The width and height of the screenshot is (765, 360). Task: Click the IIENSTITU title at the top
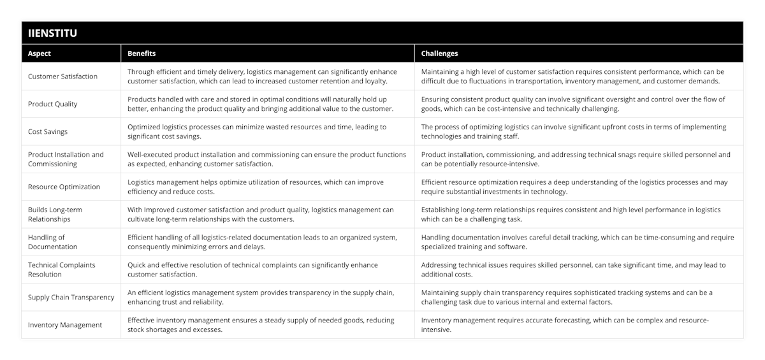pyautogui.click(x=53, y=33)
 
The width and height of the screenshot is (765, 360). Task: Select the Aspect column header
pyautogui.click(x=40, y=54)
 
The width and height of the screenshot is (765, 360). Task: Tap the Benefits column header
pyautogui.click(x=142, y=54)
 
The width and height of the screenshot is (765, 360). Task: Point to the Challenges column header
pyautogui.click(x=439, y=54)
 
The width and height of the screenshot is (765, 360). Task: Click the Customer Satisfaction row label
pyautogui.click(x=62, y=76)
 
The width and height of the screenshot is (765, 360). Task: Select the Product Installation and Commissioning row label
pyautogui.click(x=66, y=159)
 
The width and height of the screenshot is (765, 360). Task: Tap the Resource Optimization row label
pyautogui.click(x=64, y=187)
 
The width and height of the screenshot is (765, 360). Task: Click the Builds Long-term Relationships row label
pyautogui.click(x=55, y=214)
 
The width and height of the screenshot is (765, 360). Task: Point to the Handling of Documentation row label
pyautogui.click(x=53, y=242)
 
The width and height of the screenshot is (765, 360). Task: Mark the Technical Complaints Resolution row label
pyautogui.click(x=62, y=270)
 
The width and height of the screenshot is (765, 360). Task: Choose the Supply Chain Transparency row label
pyautogui.click(x=71, y=297)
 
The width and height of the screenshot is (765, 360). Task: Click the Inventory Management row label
pyautogui.click(x=65, y=325)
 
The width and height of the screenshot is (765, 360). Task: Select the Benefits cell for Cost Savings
pyautogui.click(x=256, y=131)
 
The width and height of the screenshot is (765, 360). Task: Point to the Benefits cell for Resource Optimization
pyautogui.click(x=255, y=187)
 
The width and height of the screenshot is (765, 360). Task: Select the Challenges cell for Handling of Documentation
pyautogui.click(x=577, y=242)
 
